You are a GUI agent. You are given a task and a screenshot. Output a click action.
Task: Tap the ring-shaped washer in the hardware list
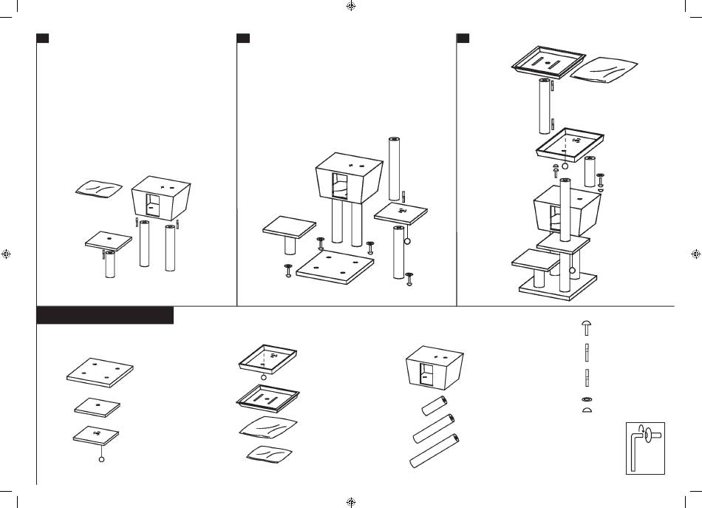click(x=585, y=399)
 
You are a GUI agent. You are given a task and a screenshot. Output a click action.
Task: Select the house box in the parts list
click(x=436, y=368)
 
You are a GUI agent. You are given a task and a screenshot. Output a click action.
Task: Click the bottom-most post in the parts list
click(x=434, y=451)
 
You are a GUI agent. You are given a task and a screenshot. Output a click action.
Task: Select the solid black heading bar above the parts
click(x=105, y=316)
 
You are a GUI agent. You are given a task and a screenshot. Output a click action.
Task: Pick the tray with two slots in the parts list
click(x=267, y=399)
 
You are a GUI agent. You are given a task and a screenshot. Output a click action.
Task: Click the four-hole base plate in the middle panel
click(x=335, y=265)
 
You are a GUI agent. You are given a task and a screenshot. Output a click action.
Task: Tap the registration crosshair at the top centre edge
click(x=351, y=6)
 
